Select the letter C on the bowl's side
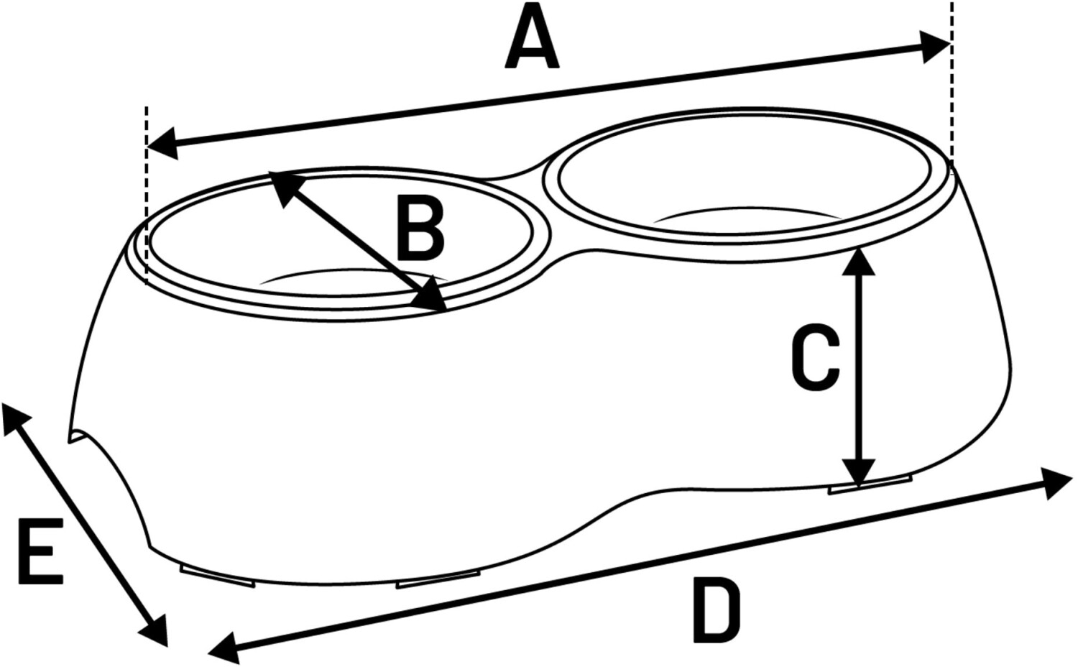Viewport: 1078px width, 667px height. point(815,359)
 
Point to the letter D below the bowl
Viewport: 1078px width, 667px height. point(716,612)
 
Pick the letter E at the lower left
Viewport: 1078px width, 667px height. point(40,550)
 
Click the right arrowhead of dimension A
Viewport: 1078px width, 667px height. point(937,47)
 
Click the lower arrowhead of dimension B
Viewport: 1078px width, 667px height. point(433,298)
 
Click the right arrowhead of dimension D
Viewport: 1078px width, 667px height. point(1056,482)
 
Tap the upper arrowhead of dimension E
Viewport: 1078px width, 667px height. point(16,419)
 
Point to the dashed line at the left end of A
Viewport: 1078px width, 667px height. point(147,194)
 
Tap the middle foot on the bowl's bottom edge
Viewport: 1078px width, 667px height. point(438,579)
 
